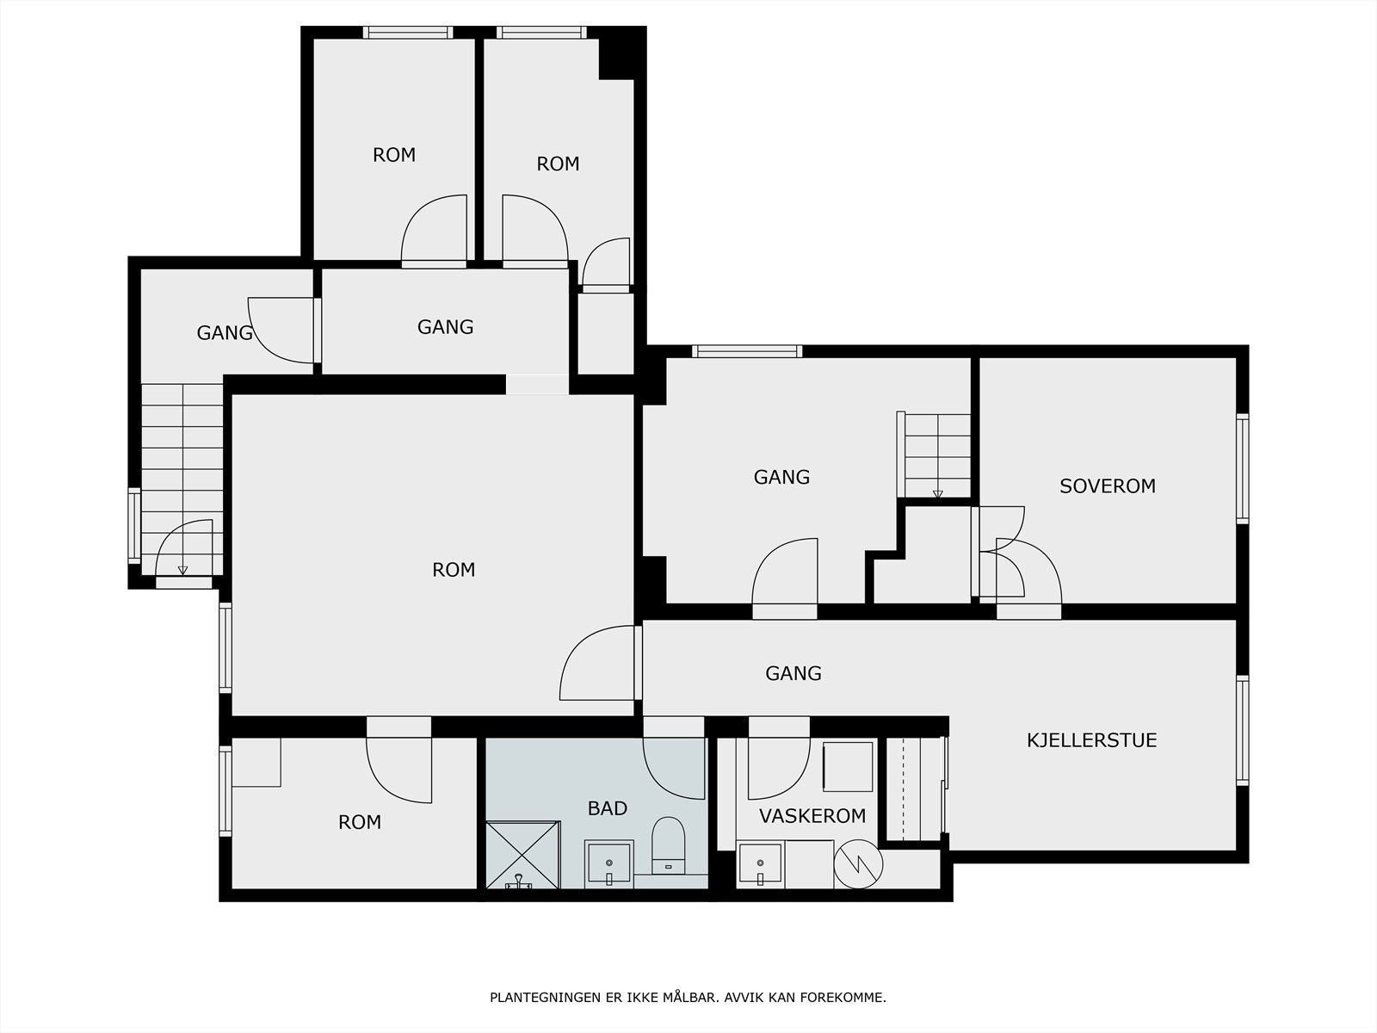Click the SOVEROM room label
[x=1108, y=486]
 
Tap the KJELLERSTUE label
[x=1091, y=740]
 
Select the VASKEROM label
[x=812, y=816]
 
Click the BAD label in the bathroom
[x=608, y=808]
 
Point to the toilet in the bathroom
[x=668, y=844]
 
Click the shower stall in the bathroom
[x=522, y=855]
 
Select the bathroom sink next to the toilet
[x=608, y=863]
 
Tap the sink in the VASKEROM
[x=760, y=865]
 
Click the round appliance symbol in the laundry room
[x=858, y=864]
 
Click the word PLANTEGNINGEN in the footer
[x=546, y=997]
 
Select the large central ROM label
[x=454, y=570]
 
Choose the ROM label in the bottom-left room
[x=360, y=822]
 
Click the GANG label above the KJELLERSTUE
[x=793, y=673]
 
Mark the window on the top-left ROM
[x=408, y=33]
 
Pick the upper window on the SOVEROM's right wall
[x=1242, y=468]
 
